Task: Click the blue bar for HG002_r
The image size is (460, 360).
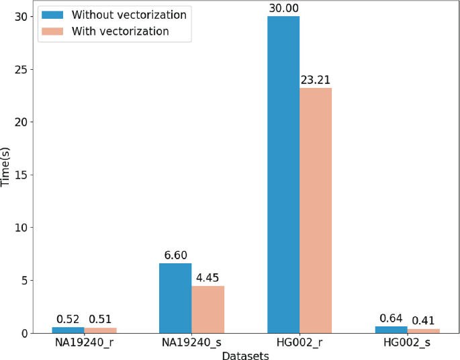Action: coord(283,175)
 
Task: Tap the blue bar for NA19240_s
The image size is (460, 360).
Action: coord(175,298)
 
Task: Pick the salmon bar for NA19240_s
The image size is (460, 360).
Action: coord(208,310)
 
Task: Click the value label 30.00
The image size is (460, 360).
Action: coord(283,7)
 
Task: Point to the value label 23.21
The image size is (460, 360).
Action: coord(316,80)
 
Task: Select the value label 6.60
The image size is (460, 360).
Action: coord(175,255)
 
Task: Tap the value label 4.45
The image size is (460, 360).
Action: coord(208,278)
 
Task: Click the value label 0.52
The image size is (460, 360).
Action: coord(68,319)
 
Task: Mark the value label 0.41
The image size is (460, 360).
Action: coord(424,320)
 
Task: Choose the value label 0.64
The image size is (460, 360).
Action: coord(391,318)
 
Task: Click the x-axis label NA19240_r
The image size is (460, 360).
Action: coord(84,344)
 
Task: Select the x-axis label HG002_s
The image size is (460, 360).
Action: coord(408,344)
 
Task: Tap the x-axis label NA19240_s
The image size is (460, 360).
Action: coord(191,344)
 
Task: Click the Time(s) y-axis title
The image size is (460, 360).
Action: coord(6,175)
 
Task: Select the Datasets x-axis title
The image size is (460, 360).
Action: coord(246,355)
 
